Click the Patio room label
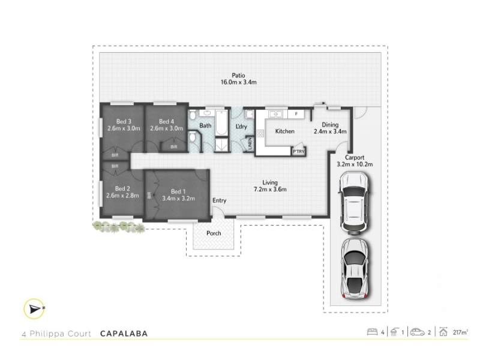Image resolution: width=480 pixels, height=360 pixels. point(238,75)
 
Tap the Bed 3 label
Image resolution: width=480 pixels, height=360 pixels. point(124,122)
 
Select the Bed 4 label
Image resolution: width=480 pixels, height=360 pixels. point(166,122)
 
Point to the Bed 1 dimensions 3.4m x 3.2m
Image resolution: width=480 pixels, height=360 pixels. point(178,199)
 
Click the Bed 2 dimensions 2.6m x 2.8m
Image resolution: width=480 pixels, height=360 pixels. point(122,196)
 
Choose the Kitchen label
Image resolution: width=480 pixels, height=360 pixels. point(284,131)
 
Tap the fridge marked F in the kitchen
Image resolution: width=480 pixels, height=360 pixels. point(296,114)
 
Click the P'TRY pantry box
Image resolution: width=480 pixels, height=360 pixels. point(298,151)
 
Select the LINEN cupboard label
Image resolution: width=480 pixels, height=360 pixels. point(250,144)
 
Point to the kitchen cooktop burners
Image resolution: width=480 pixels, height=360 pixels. point(260,133)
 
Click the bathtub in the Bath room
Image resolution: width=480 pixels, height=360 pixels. point(221,123)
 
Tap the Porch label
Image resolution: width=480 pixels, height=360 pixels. point(214,233)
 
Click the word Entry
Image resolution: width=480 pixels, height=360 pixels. point(220,200)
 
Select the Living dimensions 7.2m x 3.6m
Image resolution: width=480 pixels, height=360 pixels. point(270,189)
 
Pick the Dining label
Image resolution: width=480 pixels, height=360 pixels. point(330,125)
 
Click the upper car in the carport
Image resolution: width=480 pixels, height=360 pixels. point(354,203)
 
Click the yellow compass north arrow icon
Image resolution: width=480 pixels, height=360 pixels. point(34,309)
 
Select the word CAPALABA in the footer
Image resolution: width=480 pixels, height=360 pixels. point(124,334)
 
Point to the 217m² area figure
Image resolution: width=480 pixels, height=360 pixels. point(460,332)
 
